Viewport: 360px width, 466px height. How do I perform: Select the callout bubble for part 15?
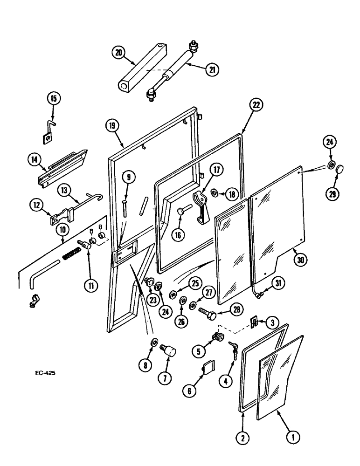[54, 99]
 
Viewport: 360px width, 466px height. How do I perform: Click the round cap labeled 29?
[339, 167]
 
